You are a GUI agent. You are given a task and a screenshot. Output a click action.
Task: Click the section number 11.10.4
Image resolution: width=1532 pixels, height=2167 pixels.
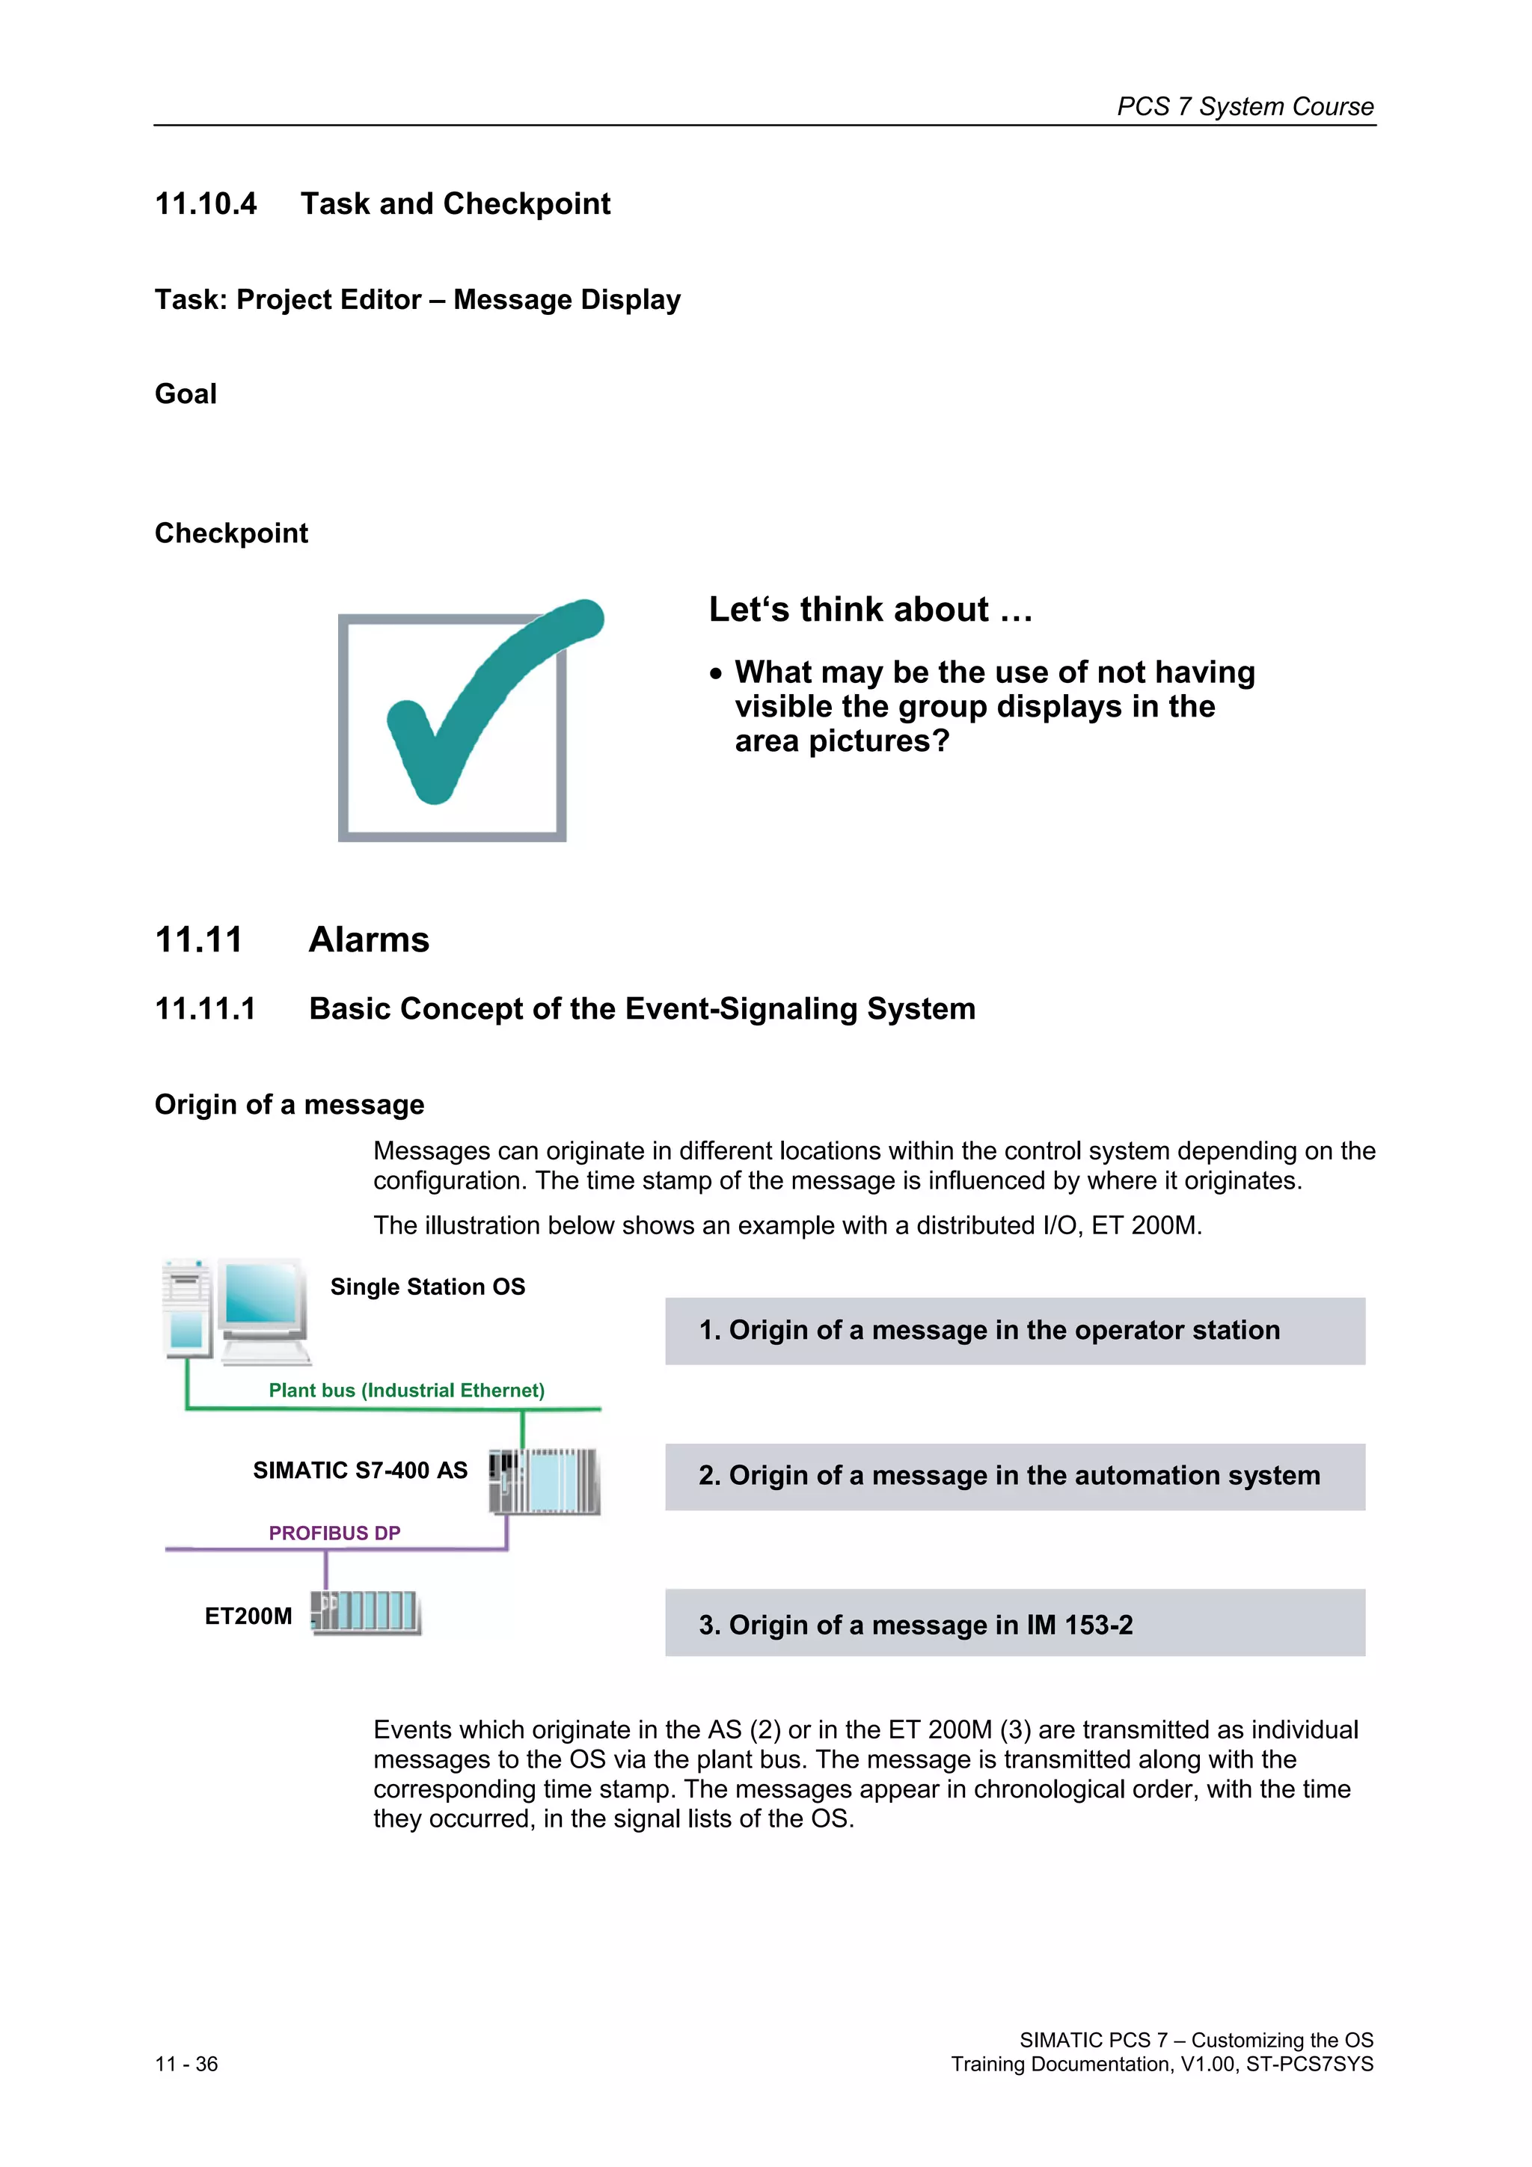click(206, 204)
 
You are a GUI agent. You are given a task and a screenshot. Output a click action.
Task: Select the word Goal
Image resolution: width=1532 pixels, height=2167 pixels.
click(186, 393)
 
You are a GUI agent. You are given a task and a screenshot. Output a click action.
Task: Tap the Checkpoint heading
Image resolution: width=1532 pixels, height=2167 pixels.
click(231, 533)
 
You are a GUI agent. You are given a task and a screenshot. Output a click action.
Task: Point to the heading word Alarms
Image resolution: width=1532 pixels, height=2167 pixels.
click(369, 940)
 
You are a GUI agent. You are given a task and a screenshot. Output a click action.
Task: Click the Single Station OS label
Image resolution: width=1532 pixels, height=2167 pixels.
click(428, 1287)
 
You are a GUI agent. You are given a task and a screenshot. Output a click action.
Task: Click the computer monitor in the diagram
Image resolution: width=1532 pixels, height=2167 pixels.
click(263, 1308)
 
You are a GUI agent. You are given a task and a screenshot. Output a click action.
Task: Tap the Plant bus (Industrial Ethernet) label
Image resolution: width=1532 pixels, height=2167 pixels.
click(406, 1391)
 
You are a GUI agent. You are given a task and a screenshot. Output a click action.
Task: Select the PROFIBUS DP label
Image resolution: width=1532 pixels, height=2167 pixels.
click(334, 1533)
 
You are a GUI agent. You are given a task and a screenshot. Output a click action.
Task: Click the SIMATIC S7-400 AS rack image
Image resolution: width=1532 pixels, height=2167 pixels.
click(545, 1481)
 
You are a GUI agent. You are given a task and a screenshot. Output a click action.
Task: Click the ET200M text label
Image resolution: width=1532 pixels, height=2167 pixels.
click(248, 1616)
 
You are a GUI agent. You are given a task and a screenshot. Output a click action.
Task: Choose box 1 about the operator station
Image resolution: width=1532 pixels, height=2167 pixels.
click(1015, 1331)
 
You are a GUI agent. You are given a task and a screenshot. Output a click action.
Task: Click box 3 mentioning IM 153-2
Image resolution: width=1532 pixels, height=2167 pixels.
click(1015, 1623)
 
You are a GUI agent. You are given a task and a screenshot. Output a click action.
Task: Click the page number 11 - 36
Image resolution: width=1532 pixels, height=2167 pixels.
click(187, 2064)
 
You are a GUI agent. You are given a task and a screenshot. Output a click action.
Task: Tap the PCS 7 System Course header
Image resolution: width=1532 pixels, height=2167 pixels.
click(1245, 107)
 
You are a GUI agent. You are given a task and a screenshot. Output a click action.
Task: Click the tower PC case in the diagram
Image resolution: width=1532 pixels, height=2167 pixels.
click(186, 1308)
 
